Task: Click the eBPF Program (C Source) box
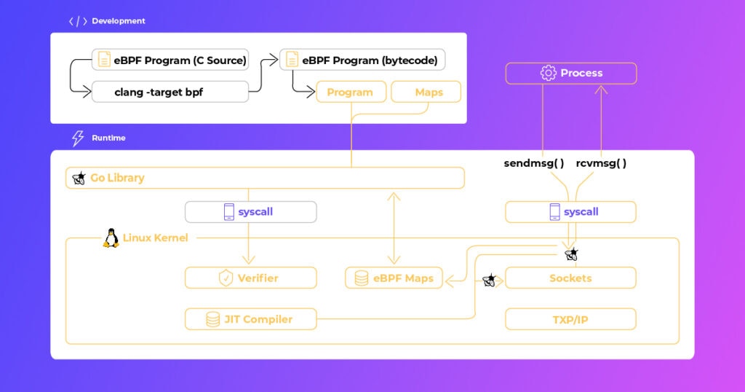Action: pyautogui.click(x=170, y=60)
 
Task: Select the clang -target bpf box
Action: pyautogui.click(x=170, y=92)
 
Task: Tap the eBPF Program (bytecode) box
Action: pyautogui.click(x=362, y=60)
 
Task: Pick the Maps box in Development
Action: pyautogui.click(x=426, y=92)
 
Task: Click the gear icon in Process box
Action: pyautogui.click(x=549, y=74)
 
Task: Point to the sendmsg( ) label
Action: pyautogui.click(x=534, y=163)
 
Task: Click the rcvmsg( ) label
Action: pyautogui.click(x=601, y=163)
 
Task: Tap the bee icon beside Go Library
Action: pyautogui.click(x=79, y=178)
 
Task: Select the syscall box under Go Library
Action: pyautogui.click(x=251, y=212)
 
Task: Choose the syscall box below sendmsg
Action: pyautogui.click(x=570, y=212)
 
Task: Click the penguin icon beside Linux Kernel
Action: pyautogui.click(x=111, y=238)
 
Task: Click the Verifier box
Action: pyautogui.click(x=251, y=278)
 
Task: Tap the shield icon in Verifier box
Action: pyautogui.click(x=226, y=278)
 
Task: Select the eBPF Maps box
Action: pyautogui.click(x=394, y=278)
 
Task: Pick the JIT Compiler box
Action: pyautogui.click(x=251, y=319)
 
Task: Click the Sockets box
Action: pyautogui.click(x=570, y=278)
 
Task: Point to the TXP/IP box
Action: pyautogui.click(x=570, y=319)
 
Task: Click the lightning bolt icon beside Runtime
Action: pyautogui.click(x=77, y=138)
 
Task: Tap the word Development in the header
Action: pyautogui.click(x=119, y=21)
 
